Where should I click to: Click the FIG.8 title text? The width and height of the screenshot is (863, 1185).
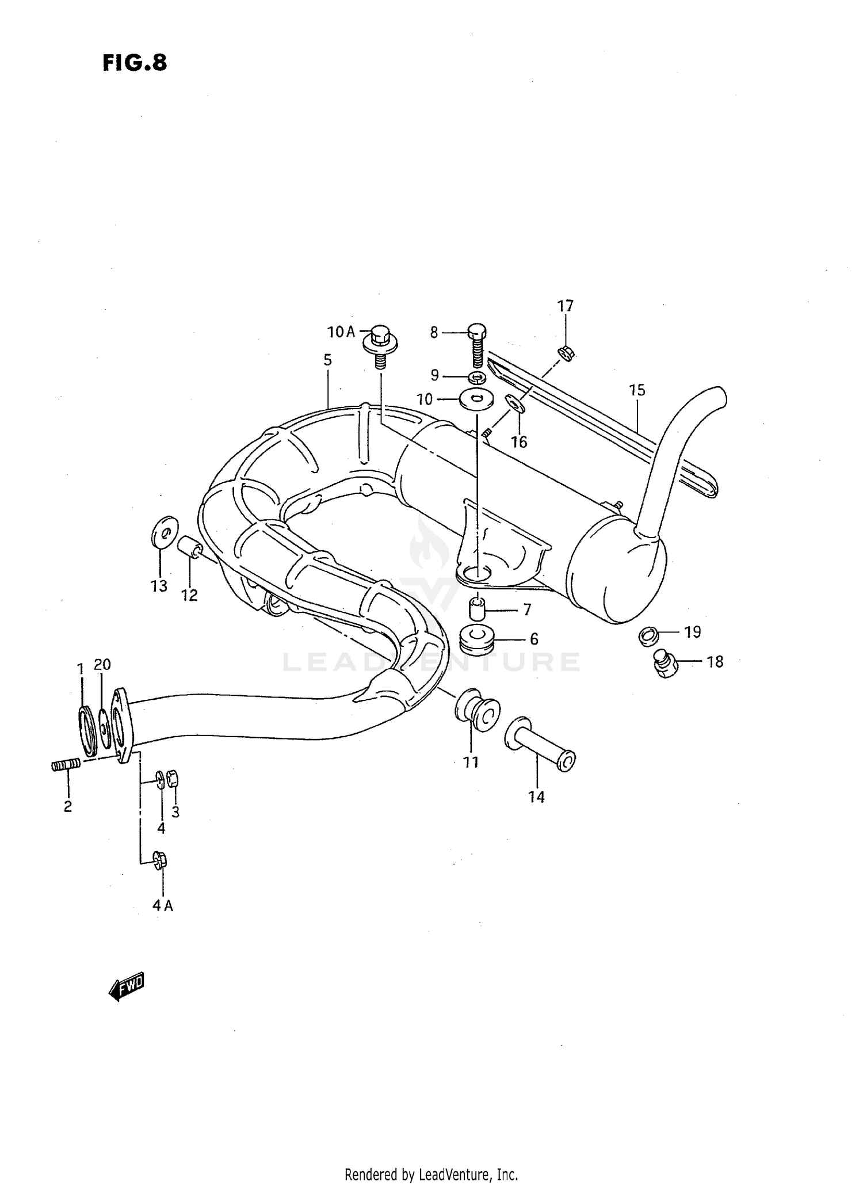coord(135,63)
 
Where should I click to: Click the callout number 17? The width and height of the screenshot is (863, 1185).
coord(565,306)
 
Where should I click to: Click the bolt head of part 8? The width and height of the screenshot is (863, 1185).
coord(477,331)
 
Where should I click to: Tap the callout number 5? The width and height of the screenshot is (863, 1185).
coord(327,360)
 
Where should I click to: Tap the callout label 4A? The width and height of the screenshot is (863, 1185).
coord(162,906)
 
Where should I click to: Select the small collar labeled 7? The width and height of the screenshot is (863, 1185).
coord(476,607)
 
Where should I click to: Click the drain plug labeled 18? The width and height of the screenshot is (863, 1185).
coord(666,664)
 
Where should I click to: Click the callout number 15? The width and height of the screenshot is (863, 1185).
coord(637,390)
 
